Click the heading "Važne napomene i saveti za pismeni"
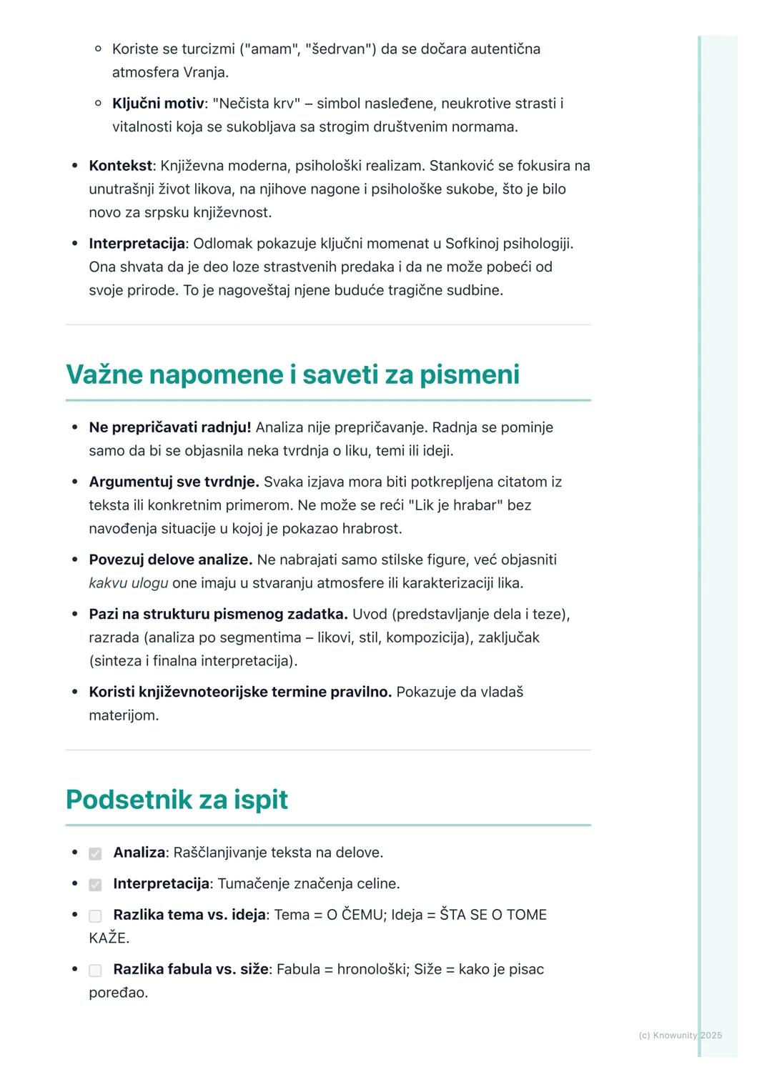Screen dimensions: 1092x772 292,374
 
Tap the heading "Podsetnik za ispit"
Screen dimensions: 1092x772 177,799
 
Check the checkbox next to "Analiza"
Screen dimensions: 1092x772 95,853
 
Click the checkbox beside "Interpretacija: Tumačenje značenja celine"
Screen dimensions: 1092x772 95,885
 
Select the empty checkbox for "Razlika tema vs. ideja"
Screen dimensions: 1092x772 95,915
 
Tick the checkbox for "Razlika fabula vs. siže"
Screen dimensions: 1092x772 95,970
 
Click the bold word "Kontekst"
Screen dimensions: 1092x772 120,166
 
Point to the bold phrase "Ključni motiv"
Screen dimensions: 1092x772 158,104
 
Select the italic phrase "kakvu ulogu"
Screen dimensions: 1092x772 129,583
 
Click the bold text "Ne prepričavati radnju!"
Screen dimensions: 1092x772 169,427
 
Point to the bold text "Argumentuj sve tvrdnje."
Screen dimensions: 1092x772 174,482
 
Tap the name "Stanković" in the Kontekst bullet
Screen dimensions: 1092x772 461,166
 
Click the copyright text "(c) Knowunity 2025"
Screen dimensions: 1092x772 680,1035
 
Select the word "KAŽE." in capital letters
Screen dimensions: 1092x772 109,938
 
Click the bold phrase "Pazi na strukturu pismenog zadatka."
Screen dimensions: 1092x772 218,614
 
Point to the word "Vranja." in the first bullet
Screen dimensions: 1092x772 206,72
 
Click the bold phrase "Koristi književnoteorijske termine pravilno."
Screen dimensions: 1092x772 240,692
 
